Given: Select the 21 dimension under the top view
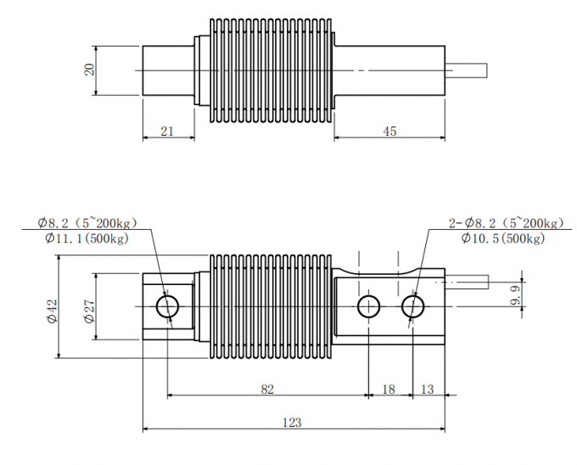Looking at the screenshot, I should (x=167, y=131).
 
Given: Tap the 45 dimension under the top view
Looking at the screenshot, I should (x=389, y=131).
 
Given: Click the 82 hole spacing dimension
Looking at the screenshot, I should (x=267, y=389).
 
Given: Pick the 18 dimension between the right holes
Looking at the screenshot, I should (x=389, y=389).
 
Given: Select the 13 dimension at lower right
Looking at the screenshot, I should (x=428, y=389).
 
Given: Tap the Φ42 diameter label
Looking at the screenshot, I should (x=52, y=310).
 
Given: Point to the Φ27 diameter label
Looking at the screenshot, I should (x=89, y=310).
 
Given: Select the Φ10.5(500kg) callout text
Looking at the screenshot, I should (x=502, y=239).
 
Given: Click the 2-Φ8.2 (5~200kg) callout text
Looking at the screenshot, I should (x=505, y=223).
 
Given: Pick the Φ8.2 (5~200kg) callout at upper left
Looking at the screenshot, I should (x=87, y=223).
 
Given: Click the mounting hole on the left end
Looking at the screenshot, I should (x=168, y=305).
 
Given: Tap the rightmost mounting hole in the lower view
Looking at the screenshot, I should (x=413, y=305).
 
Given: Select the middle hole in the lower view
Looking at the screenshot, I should (x=368, y=305).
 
